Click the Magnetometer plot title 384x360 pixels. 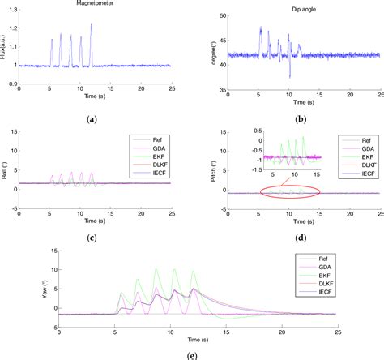pyautogui.click(x=89, y=4)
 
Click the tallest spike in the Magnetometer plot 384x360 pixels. pyautogui.click(x=92, y=24)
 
